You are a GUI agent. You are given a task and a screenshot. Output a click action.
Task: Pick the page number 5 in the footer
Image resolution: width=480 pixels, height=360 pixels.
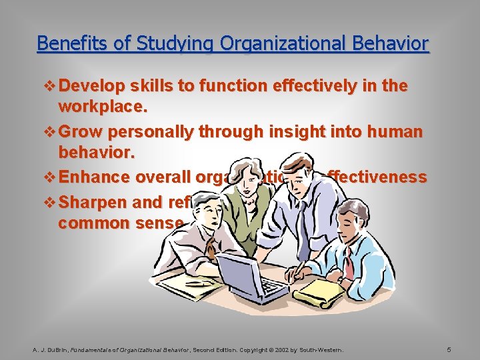(x=449, y=349)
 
